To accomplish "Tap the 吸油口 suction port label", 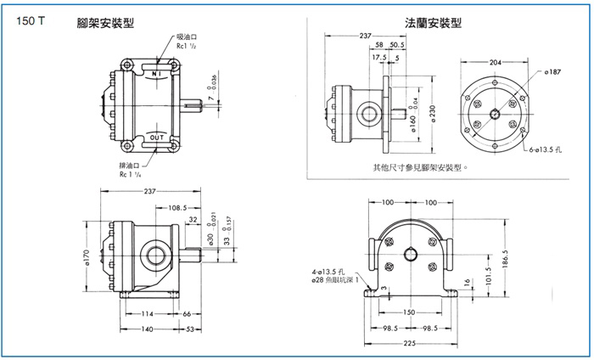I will (188, 38).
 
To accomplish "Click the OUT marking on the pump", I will (156, 137).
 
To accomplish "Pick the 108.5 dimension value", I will (177, 206).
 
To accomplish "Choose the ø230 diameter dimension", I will (432, 115).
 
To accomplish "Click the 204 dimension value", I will (495, 62).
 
